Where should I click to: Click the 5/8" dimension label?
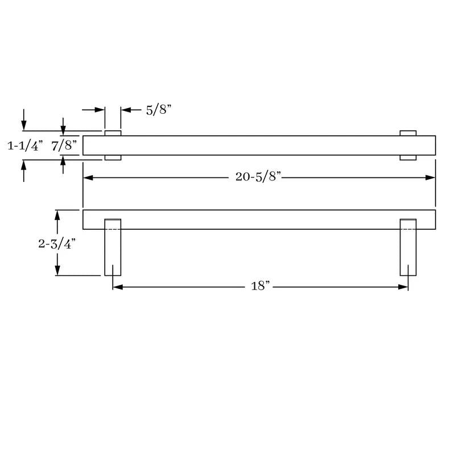159,110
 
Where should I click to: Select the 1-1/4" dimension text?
25,146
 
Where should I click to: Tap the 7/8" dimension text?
64,145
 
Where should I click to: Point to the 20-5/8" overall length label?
258,176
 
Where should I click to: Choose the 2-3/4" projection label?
57,244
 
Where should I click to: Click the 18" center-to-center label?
260,286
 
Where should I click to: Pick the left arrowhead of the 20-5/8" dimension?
88,177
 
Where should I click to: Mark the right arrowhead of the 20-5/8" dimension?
431,177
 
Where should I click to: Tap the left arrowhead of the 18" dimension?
118,287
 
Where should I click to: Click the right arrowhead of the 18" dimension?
403,287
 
